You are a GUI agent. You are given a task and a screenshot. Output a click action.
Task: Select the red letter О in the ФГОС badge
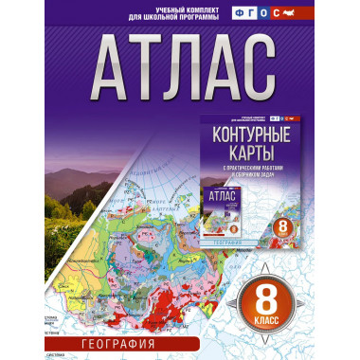click(290, 14)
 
